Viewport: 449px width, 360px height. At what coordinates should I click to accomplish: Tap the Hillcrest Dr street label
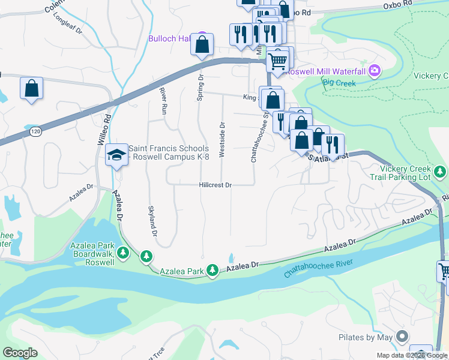[x=215, y=185]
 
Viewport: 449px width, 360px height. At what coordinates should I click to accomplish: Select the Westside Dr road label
[x=222, y=140]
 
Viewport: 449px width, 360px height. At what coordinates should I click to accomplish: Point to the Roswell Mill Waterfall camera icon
[x=375, y=71]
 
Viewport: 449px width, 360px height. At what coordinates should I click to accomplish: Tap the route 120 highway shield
[x=36, y=131]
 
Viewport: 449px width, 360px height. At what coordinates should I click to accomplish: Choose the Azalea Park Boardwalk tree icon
[x=123, y=254]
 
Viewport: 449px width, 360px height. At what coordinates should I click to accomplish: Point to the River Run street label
[x=163, y=100]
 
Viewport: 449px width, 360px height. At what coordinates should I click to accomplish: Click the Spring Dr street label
[x=201, y=88]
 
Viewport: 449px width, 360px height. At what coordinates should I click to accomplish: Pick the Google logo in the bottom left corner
[x=20, y=352]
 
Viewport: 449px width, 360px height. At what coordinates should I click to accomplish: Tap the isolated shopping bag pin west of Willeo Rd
[x=32, y=88]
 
